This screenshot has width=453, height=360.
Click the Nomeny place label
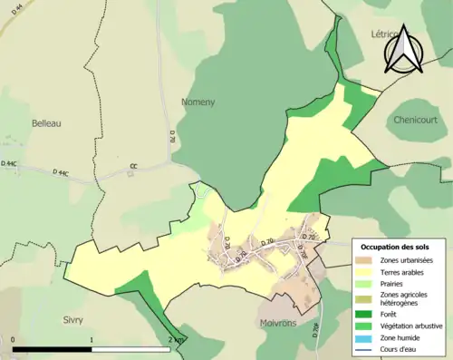(x=198, y=102)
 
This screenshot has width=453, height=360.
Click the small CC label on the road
(x=133, y=166)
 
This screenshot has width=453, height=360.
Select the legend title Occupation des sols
(x=395, y=247)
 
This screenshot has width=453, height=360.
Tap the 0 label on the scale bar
(x=13, y=339)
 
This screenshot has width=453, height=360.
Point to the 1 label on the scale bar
(x=92, y=339)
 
